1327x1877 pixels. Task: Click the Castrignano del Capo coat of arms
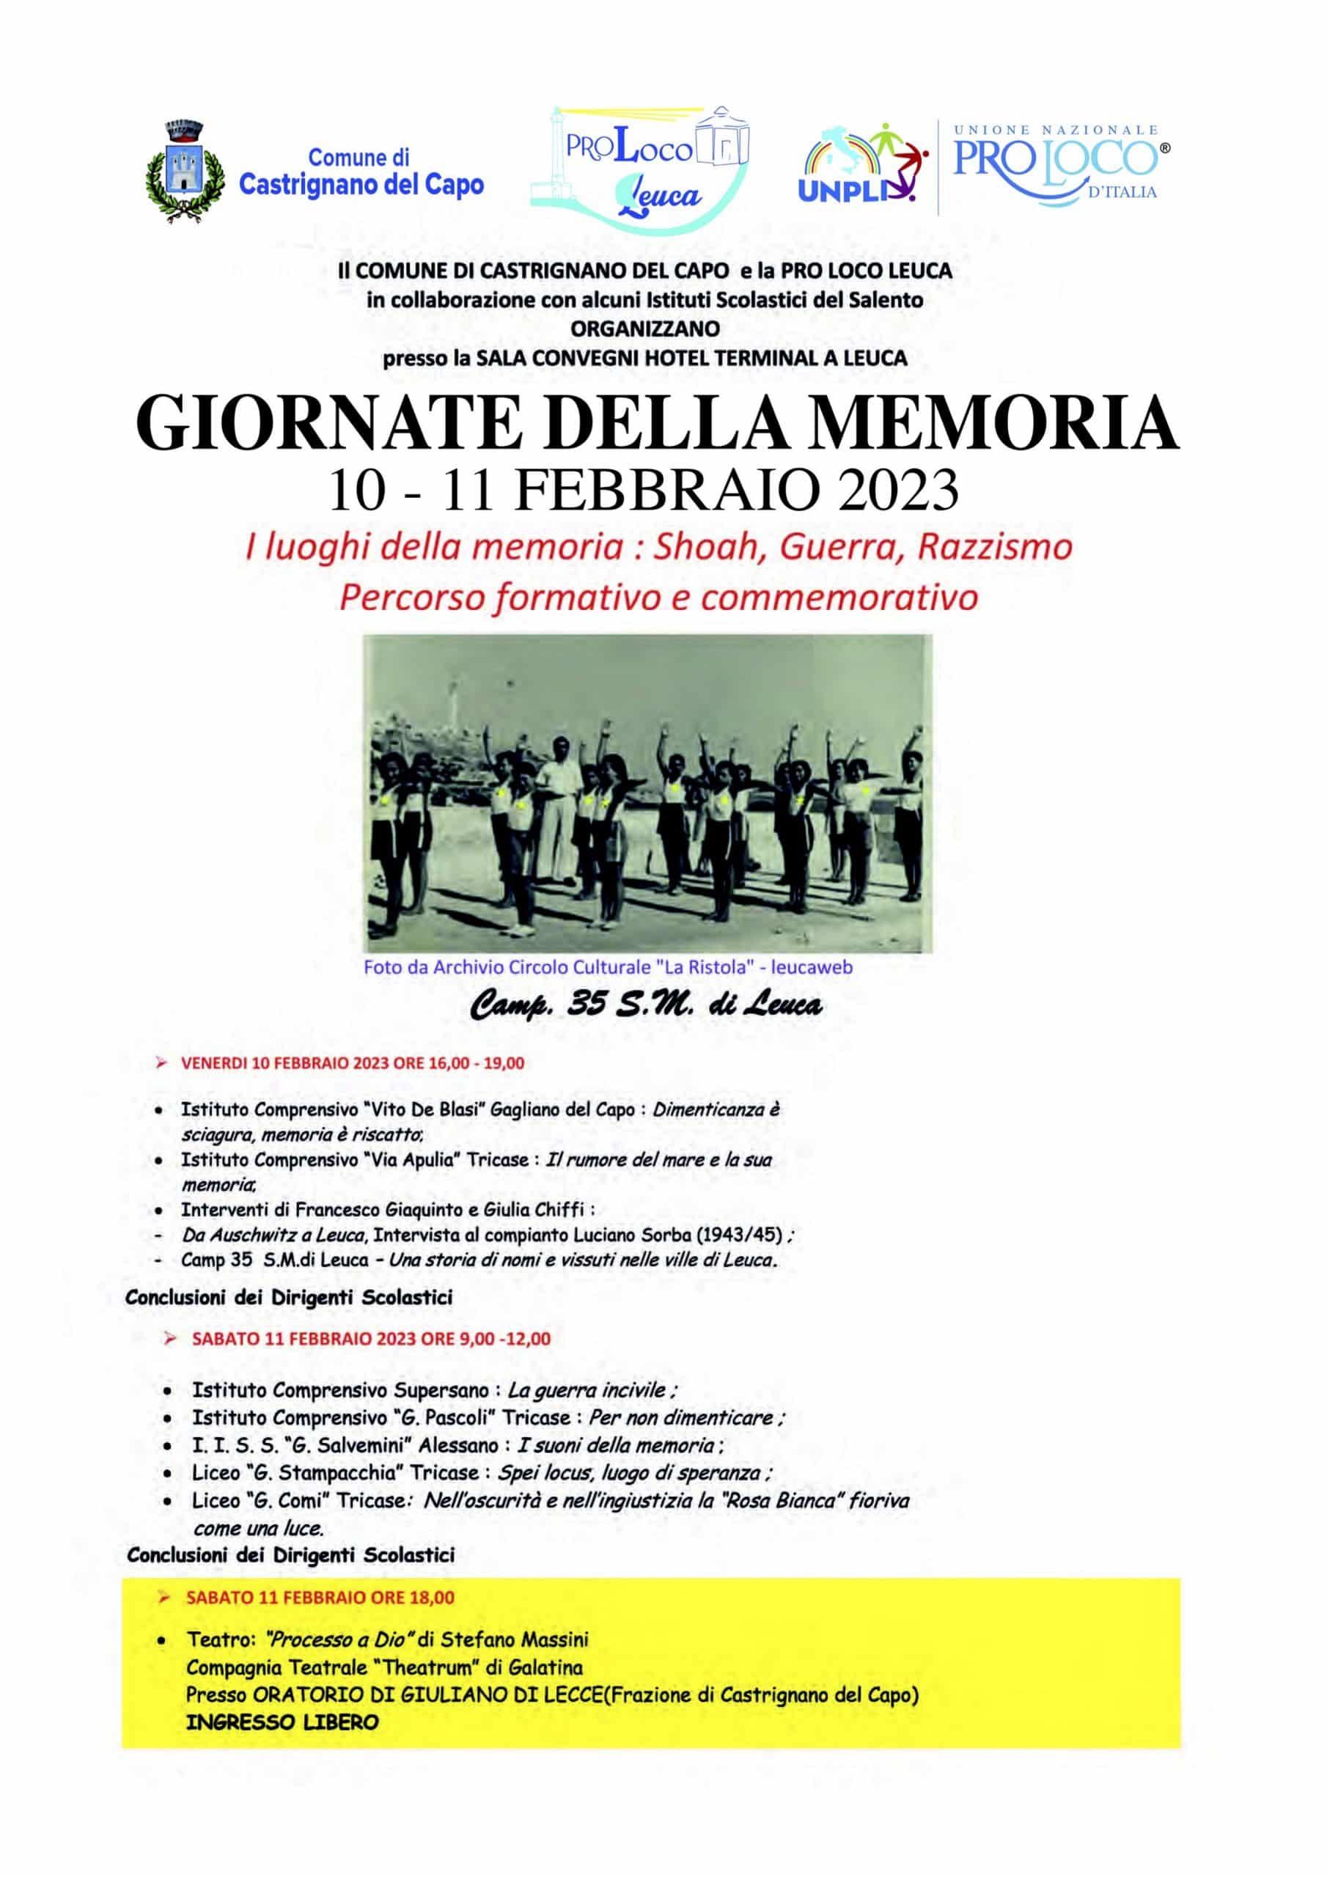click(184, 172)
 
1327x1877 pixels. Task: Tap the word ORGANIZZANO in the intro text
click(646, 328)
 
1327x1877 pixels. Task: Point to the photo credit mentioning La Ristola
click(608, 968)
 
